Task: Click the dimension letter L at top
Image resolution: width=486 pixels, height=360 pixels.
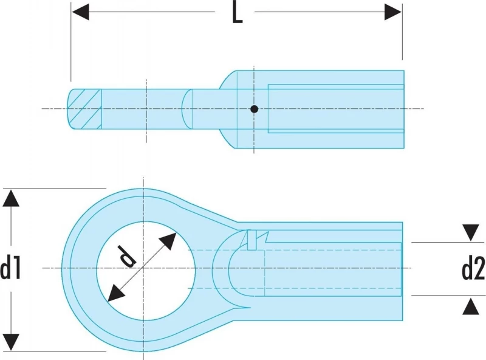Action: click(237, 13)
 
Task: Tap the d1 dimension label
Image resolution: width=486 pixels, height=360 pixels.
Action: click(10, 269)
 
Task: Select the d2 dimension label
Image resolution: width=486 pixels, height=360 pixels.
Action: click(473, 269)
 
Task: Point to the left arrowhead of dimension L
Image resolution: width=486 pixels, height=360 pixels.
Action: click(81, 12)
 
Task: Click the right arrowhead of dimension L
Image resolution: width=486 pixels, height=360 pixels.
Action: click(393, 12)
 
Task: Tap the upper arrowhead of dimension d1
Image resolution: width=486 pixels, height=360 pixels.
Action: click(11, 198)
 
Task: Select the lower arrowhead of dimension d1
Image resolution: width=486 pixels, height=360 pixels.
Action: click(11, 342)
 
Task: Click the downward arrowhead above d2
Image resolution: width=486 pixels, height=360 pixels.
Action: click(471, 233)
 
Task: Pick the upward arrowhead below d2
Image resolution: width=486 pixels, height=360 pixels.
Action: click(471, 306)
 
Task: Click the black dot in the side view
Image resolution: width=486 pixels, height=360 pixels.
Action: click(254, 109)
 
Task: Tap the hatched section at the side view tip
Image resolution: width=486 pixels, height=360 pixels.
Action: click(84, 109)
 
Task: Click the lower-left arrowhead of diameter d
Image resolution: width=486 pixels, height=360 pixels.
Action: click(116, 293)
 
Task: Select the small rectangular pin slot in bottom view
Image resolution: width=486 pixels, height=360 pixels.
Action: click(252, 240)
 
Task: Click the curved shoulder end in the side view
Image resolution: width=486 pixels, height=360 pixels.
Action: click(186, 109)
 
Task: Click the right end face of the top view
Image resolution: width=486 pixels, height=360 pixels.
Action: click(403, 109)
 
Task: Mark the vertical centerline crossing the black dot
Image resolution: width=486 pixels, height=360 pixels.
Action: click(254, 109)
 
